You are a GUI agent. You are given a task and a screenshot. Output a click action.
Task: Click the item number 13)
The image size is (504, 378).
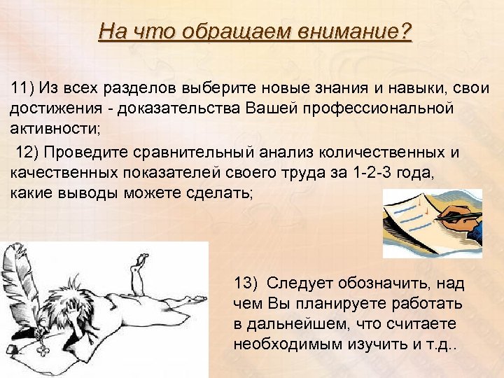click(247, 283)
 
